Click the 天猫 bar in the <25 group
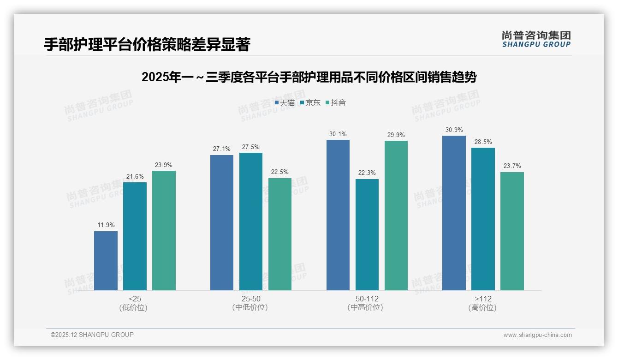[x=106, y=261]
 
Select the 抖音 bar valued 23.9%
[x=164, y=230]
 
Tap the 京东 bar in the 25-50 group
[x=250, y=222]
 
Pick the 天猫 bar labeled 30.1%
[x=338, y=215]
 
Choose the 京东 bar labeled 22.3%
[x=367, y=234]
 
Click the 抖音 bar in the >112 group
[x=512, y=231]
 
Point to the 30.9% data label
[x=454, y=130]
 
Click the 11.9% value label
[x=106, y=225]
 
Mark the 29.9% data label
[x=396, y=135]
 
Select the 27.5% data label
[x=250, y=147]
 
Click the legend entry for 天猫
[x=285, y=103]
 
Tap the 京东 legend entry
[x=310, y=103]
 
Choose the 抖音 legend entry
[x=335, y=103]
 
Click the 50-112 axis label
[x=367, y=299]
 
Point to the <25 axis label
[x=135, y=299]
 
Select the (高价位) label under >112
[x=482, y=308]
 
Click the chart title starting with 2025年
[x=309, y=77]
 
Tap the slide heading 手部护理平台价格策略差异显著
[x=147, y=45]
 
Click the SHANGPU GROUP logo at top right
[x=536, y=39]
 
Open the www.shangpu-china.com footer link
[x=537, y=335]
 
